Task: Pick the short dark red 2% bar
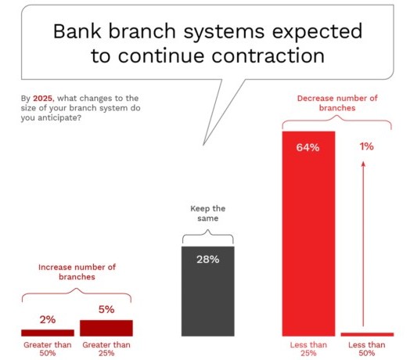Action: coord(47,333)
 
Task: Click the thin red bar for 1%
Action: coord(367,334)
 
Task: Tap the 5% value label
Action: coord(106,310)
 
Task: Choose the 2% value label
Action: coord(47,319)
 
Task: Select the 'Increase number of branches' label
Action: coord(77,272)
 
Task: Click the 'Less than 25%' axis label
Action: coord(308,347)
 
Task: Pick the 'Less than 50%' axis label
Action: coord(367,347)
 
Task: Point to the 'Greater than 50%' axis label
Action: coord(47,347)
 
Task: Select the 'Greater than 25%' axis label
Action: coord(106,347)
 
